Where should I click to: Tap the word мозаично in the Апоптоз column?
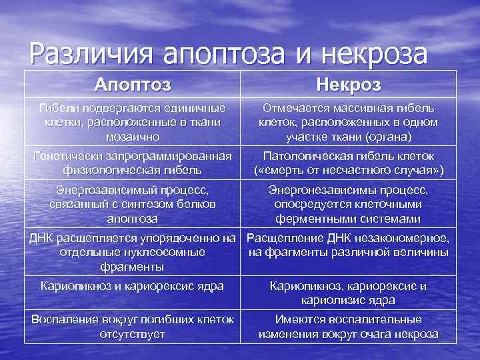click(132, 136)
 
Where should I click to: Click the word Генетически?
click(67, 155)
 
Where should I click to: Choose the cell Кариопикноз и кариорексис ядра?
click(132, 286)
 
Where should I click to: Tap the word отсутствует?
click(132, 333)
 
